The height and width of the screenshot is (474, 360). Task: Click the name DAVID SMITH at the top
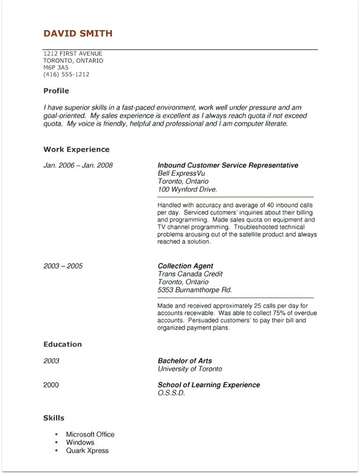(x=78, y=33)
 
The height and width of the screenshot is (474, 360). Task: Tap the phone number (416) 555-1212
(x=66, y=75)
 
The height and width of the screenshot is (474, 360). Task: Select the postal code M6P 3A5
(x=56, y=68)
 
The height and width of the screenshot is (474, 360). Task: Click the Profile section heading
(x=56, y=91)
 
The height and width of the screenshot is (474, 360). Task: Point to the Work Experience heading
(x=76, y=150)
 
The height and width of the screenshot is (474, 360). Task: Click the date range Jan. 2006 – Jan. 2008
(x=78, y=166)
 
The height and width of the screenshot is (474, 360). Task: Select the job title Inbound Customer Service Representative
(x=228, y=166)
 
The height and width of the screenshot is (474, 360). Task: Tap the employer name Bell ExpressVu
(x=181, y=173)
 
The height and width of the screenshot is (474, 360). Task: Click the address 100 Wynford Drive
(x=187, y=189)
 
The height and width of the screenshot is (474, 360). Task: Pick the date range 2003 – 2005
(x=63, y=266)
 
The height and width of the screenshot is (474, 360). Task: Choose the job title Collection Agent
(x=185, y=266)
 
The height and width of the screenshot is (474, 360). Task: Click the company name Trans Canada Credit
(x=190, y=274)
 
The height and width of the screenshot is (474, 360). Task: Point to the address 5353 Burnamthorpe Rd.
(x=195, y=290)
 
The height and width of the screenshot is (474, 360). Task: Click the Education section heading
(x=62, y=345)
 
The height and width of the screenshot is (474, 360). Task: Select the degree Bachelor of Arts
(x=185, y=361)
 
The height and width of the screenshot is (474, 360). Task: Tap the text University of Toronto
(x=190, y=369)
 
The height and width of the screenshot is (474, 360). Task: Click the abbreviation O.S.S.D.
(x=172, y=393)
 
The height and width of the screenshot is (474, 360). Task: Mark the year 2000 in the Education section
(x=51, y=385)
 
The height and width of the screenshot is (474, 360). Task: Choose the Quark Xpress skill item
(x=87, y=451)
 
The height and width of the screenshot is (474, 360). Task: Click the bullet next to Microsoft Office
(x=56, y=434)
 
